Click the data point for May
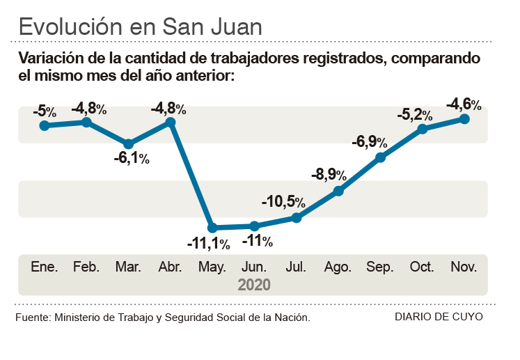[212, 228]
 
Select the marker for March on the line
[128, 144]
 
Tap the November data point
[464, 119]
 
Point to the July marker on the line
[297, 218]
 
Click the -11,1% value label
[208, 244]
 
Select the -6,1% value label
[132, 159]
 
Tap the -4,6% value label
[464, 104]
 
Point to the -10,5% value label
[283, 202]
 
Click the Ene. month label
[44, 267]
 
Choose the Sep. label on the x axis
[380, 267]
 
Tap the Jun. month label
[254, 267]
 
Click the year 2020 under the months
[254, 284]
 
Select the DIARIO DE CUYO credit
[438, 317]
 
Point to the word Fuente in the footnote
[32, 318]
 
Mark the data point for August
[339, 191]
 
